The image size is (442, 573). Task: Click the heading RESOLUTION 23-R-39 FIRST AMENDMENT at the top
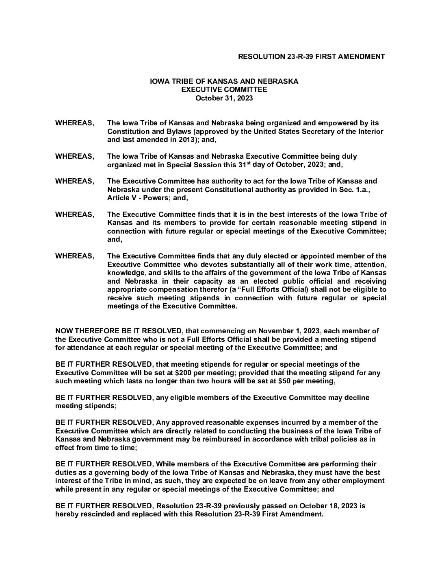pyautogui.click(x=311, y=57)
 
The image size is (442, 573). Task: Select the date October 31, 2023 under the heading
pyautogui.click(x=224, y=98)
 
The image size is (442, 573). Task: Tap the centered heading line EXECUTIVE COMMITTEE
pyautogui.click(x=224, y=90)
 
